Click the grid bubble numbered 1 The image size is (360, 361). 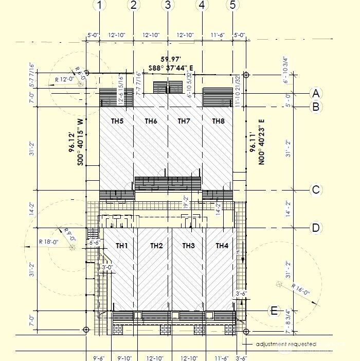click(x=100, y=5)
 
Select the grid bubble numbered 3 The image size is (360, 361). click(x=168, y=5)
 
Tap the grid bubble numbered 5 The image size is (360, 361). click(x=233, y=5)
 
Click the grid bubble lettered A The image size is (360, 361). click(x=316, y=93)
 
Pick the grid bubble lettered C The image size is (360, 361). click(x=316, y=190)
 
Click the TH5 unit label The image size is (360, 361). click(x=117, y=121)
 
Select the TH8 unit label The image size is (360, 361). click(x=219, y=121)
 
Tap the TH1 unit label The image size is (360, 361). click(x=121, y=246)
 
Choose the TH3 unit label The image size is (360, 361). click(x=189, y=246)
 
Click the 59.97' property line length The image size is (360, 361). click(x=170, y=59)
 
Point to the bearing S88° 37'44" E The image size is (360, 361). click(x=171, y=67)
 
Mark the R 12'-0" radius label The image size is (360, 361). click(x=64, y=80)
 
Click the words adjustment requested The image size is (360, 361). click(x=286, y=344)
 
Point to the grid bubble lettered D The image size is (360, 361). click(x=316, y=228)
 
